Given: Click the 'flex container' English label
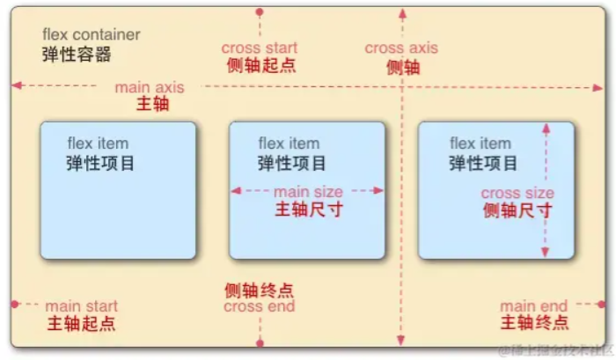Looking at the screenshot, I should pyautogui.click(x=91, y=35).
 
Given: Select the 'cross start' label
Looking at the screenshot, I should pyautogui.click(x=259, y=48).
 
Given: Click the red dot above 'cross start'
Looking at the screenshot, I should pyautogui.click(x=259, y=12).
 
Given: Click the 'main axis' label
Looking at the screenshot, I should pyautogui.click(x=149, y=86).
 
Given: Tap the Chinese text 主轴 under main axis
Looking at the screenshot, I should pyautogui.click(x=152, y=104).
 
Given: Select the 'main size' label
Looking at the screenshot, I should pyautogui.click(x=308, y=191).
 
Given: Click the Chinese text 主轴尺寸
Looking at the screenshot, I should pyautogui.click(x=308, y=209).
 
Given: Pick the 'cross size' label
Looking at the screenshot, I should pyautogui.click(x=517, y=193).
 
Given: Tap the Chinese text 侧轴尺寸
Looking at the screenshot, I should pyautogui.click(x=517, y=210).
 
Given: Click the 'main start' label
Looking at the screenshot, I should pyautogui.click(x=82, y=306).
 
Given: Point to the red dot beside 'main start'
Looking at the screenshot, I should pyautogui.click(x=15, y=305).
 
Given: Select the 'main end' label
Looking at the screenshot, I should pyautogui.click(x=534, y=305).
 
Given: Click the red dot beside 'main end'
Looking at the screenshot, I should pyautogui.click(x=602, y=305).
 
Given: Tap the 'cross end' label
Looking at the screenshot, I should pyautogui.click(x=259, y=307).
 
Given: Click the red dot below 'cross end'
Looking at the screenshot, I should pyautogui.click(x=259, y=344).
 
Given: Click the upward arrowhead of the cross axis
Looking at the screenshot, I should pyautogui.click(x=402, y=14).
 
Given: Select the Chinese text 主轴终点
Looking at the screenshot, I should pyautogui.click(x=534, y=323).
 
